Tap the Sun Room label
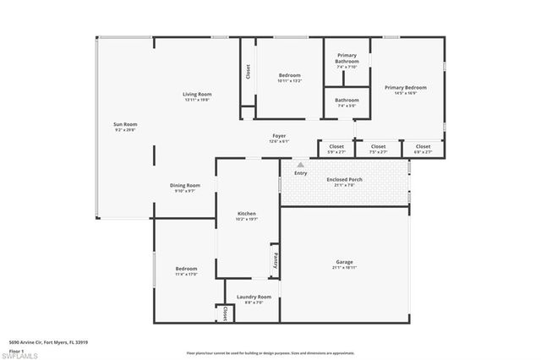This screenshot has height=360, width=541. pos(125,124)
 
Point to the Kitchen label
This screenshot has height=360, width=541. pos(246,213)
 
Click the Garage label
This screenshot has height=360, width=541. pos(344,262)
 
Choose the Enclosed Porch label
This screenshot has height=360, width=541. pos(344,179)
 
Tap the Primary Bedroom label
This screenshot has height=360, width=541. pos(405,87)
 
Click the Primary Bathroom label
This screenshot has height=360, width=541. pos(347,58)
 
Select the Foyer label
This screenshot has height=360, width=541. pos(278,135)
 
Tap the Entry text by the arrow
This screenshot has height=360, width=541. pos(300,173)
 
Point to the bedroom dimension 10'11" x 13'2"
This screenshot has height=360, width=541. pos(290,81)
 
